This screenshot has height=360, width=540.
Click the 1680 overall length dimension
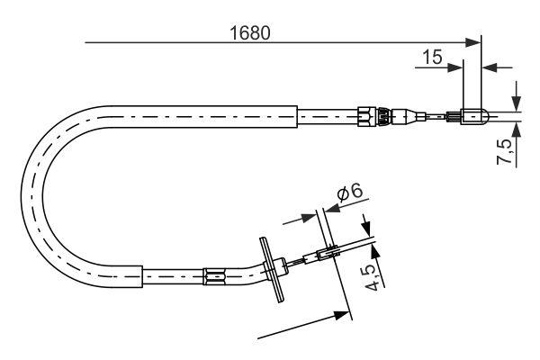click(x=250, y=31)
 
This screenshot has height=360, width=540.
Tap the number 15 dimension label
click(x=432, y=57)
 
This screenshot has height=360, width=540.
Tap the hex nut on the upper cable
click(x=364, y=115)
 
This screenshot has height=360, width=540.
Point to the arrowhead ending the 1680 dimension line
click(x=475, y=41)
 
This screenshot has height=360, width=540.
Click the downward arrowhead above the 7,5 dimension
click(x=516, y=102)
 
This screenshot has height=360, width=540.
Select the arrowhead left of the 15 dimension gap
click(x=456, y=66)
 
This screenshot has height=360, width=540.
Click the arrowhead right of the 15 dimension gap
click(x=489, y=66)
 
